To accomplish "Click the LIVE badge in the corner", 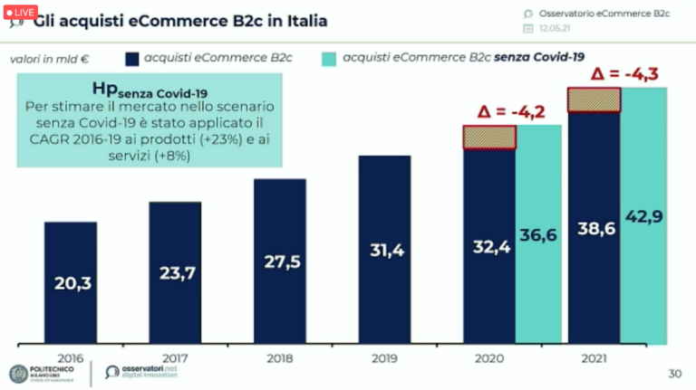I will (x=19, y=12).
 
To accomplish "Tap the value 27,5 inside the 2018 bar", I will (x=279, y=262).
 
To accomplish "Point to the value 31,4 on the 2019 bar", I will (x=384, y=251).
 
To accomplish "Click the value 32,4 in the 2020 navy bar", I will (x=489, y=246).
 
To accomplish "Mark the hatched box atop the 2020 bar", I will (x=489, y=137).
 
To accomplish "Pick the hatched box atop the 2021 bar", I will (x=594, y=99).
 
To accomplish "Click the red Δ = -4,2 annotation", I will (x=511, y=111).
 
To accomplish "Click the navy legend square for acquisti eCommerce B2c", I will (x=131, y=59).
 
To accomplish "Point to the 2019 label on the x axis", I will (x=384, y=357).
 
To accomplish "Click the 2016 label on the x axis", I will (x=71, y=357).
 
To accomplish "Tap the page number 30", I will (x=674, y=374).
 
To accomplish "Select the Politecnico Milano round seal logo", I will (x=18, y=373).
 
